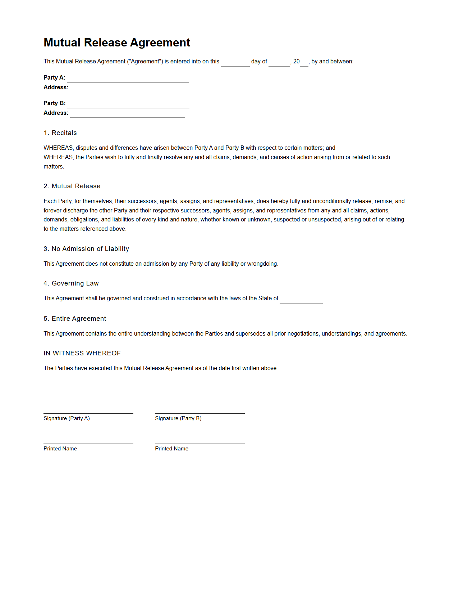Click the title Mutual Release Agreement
pyautogui.click(x=117, y=42)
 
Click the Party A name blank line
pyautogui.click(x=128, y=79)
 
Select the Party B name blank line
pyautogui.click(x=128, y=105)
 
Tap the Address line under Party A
pyautogui.click(x=127, y=89)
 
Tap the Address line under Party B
pyautogui.click(x=127, y=114)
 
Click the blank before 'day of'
pyautogui.click(x=235, y=63)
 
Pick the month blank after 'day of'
pyautogui.click(x=279, y=63)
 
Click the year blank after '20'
pyautogui.click(x=304, y=63)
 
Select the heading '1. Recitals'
pyautogui.click(x=60, y=133)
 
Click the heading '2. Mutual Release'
pyautogui.click(x=72, y=186)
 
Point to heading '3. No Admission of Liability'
pyautogui.click(x=86, y=249)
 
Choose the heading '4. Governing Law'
pyautogui.click(x=71, y=283)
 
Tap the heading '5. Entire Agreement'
pyautogui.click(x=75, y=319)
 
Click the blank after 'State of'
pyautogui.click(x=301, y=300)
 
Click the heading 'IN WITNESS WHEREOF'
pyautogui.click(x=82, y=353)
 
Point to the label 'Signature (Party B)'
pyautogui.click(x=178, y=418)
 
